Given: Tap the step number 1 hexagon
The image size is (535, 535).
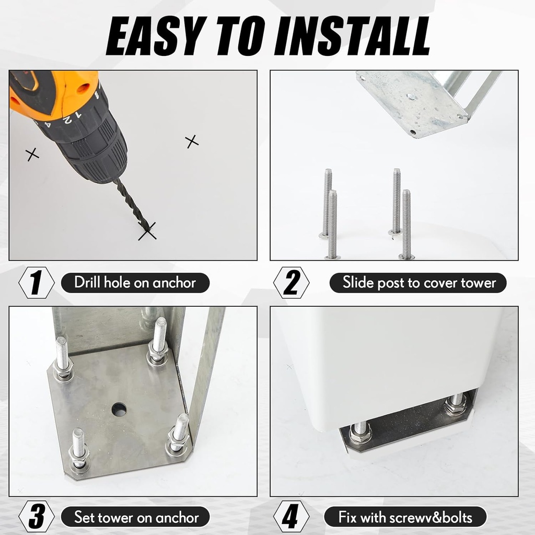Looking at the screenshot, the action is click(37, 283).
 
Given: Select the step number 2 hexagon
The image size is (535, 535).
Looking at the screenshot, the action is click(292, 283).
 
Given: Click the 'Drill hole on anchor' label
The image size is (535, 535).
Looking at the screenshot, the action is click(135, 283).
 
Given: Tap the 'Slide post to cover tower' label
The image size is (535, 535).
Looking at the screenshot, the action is click(418, 283).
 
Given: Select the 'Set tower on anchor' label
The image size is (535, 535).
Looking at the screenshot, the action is click(135, 517).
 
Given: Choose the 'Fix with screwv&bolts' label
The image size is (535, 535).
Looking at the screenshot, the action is click(405, 517).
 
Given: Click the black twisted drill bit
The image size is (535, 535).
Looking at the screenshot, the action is click(132, 205).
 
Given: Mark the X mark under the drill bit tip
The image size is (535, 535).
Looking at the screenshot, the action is click(147, 231).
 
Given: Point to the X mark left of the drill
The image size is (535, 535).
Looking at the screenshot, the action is click(32, 155).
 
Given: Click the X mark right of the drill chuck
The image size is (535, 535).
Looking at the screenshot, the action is click(192, 142).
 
